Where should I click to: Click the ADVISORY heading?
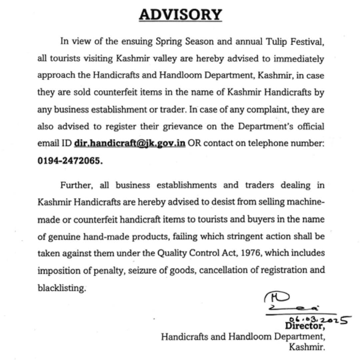pyautogui.click(x=180, y=15)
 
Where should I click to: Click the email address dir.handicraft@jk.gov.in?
pyautogui.click(x=130, y=143)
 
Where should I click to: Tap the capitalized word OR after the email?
pyautogui.click(x=194, y=143)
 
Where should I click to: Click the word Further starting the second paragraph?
pyautogui.click(x=76, y=185)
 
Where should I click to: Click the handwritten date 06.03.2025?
pyautogui.click(x=319, y=319)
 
